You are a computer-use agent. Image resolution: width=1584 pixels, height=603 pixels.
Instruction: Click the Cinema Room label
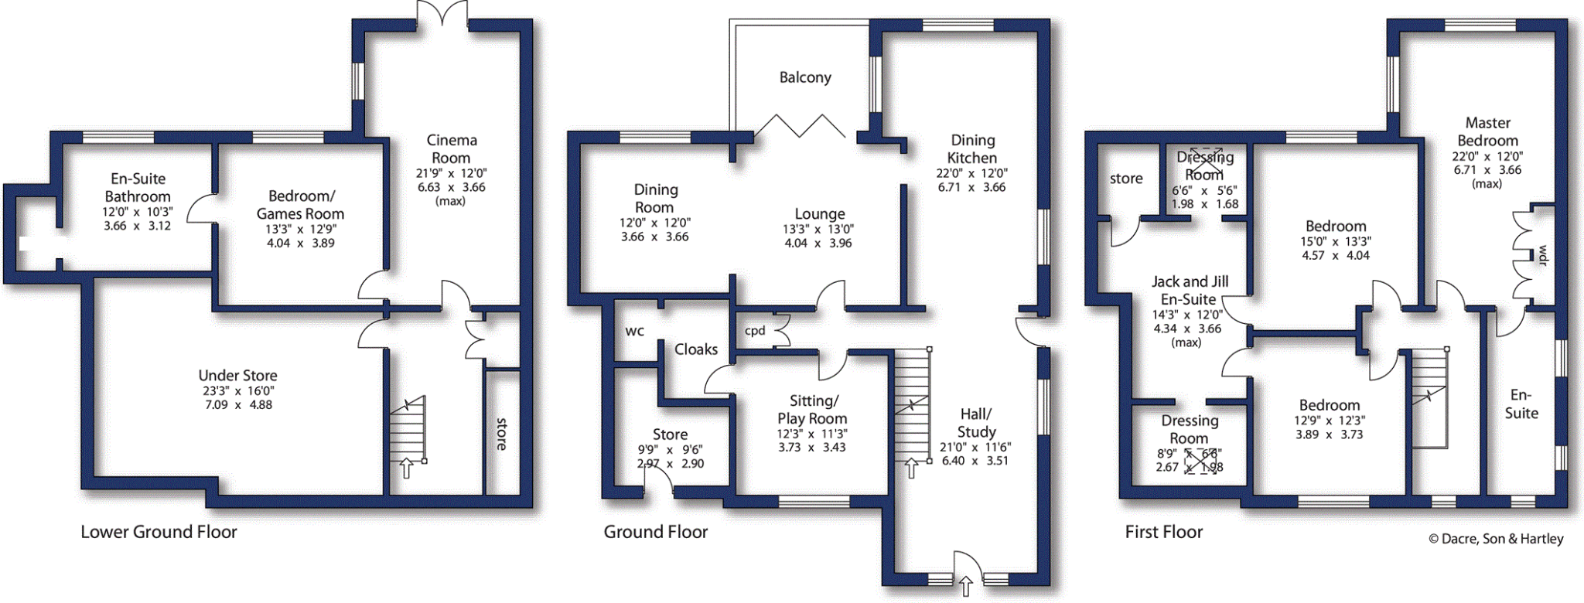pyautogui.click(x=452, y=149)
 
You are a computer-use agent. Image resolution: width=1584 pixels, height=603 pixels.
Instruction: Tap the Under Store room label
pyautogui.click(x=237, y=376)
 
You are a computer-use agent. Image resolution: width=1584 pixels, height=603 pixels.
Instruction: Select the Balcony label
pyautogui.click(x=805, y=77)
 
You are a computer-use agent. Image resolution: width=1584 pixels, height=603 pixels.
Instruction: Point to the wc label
pyautogui.click(x=634, y=332)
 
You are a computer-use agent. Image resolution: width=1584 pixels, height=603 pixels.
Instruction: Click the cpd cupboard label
pyautogui.click(x=755, y=331)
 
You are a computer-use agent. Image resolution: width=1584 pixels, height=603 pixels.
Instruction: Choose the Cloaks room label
pyautogui.click(x=695, y=349)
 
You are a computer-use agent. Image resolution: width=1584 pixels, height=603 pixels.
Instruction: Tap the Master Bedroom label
pyautogui.click(x=1487, y=132)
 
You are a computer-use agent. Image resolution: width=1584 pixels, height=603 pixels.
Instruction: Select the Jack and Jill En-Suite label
pyautogui.click(x=1189, y=291)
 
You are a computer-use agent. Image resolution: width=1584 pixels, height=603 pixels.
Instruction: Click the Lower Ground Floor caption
pyautogui.click(x=159, y=532)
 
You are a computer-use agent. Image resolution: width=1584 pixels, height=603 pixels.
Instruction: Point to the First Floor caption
pyautogui.click(x=1163, y=532)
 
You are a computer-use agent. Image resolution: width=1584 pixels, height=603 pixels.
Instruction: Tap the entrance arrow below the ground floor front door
pyautogui.click(x=965, y=585)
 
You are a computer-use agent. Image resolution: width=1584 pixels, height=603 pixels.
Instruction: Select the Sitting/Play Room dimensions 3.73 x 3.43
pyautogui.click(x=811, y=448)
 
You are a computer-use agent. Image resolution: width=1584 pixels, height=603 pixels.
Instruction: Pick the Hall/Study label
pyautogui.click(x=976, y=423)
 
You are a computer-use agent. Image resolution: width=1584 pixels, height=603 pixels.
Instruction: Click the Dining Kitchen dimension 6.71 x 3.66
pyautogui.click(x=971, y=187)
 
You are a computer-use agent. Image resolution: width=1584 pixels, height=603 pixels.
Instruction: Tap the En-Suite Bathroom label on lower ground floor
pyautogui.click(x=138, y=188)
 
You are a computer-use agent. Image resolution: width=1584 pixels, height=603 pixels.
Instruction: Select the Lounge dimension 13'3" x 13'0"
pyautogui.click(x=818, y=229)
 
